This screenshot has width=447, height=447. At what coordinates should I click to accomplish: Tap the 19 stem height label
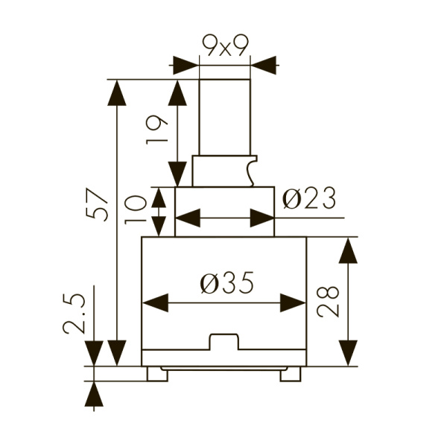[157, 129]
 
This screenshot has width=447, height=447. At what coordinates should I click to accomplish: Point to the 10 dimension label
[137, 212]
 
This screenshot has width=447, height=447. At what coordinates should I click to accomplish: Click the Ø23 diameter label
[309, 199]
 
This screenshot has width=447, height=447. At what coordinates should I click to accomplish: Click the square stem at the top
[225, 115]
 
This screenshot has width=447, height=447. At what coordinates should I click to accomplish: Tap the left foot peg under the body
[157, 375]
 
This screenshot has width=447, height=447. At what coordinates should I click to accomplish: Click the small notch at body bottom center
[224, 342]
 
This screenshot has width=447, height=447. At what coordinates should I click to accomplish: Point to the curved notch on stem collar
[253, 171]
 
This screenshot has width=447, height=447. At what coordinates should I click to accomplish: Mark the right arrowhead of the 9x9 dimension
[262, 65]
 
